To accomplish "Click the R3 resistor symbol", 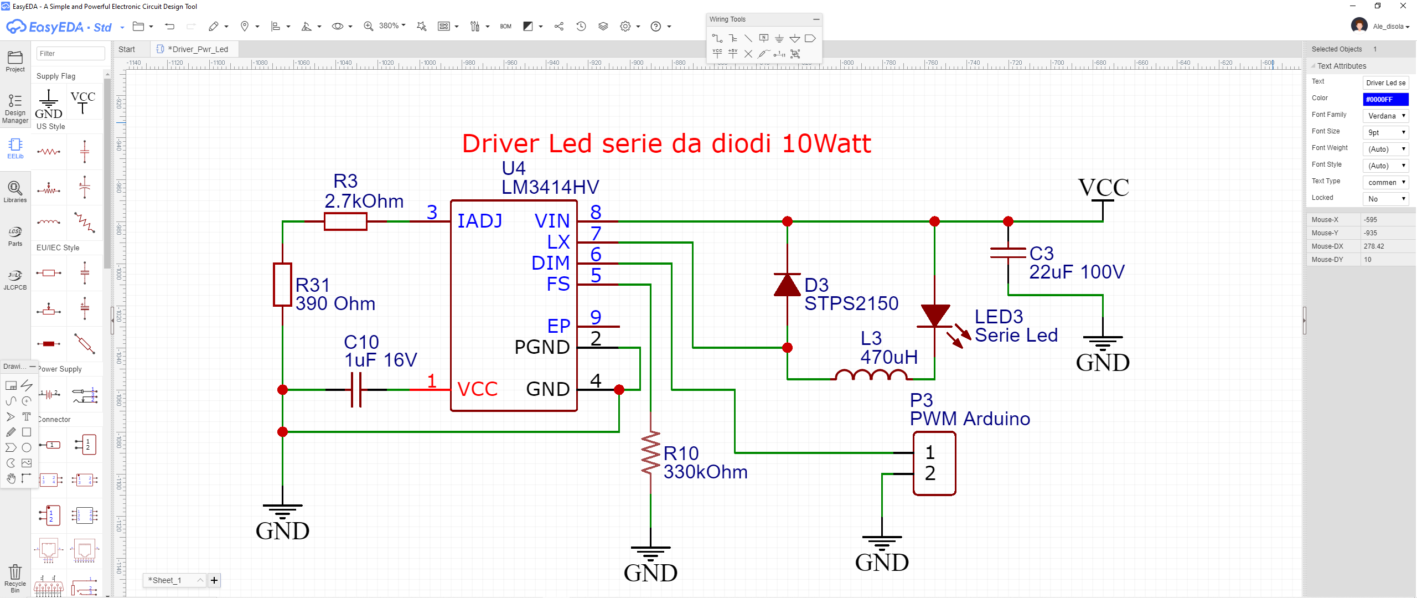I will pyautogui.click(x=345, y=221).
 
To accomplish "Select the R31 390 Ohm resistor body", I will pyautogui.click(x=282, y=285).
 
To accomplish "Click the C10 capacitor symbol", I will pyautogui.click(x=356, y=390).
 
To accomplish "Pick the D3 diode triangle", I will pyautogui.click(x=787, y=285).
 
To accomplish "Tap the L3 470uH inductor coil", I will pyautogui.click(x=871, y=375).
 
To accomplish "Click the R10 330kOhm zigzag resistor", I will pyautogui.click(x=650, y=453).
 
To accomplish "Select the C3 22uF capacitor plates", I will pyautogui.click(x=1008, y=252).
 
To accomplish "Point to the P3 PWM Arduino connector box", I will pyautogui.click(x=934, y=463).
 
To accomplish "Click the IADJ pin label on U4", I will pyautogui.click(x=479, y=221).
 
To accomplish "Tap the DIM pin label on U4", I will pyautogui.click(x=550, y=263).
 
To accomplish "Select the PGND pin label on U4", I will pyautogui.click(x=542, y=347).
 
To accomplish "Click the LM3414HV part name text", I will pyautogui.click(x=550, y=187).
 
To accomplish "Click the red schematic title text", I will pyautogui.click(x=666, y=144).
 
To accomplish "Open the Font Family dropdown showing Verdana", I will pyautogui.click(x=1385, y=116).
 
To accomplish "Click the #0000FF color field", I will pyautogui.click(x=1385, y=99).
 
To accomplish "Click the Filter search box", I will pyautogui.click(x=70, y=54).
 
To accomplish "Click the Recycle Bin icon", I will pyautogui.click(x=15, y=576).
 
